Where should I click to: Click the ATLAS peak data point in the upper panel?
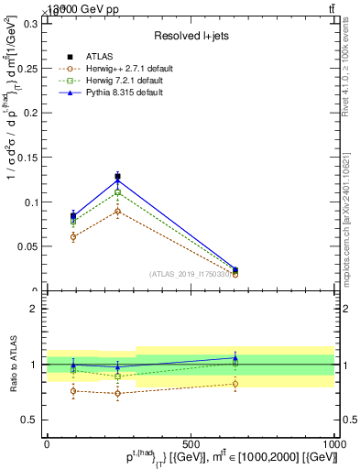pos(117,177)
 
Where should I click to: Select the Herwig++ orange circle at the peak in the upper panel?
pos(117,211)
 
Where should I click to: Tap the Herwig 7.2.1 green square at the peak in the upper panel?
pos(117,192)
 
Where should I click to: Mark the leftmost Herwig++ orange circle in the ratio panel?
pos(73,391)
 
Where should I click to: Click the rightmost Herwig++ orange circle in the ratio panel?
pos(235,383)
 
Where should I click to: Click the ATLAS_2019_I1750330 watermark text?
pos(190,274)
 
